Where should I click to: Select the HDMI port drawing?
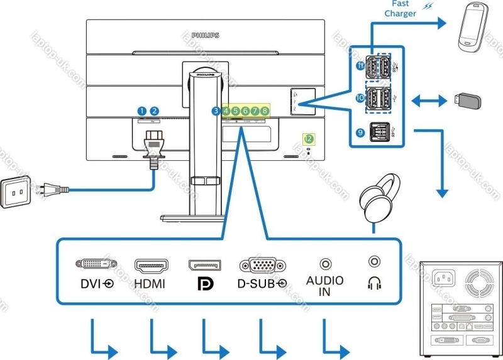tap(150, 264)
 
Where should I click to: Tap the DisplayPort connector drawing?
tap(204, 264)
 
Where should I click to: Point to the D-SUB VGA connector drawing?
tap(260, 264)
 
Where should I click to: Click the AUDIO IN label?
tap(324, 285)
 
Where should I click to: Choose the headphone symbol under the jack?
tap(375, 285)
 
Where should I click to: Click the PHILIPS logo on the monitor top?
tap(205, 36)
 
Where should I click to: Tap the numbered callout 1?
tap(142, 111)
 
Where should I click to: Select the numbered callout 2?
tap(154, 111)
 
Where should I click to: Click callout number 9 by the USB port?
tap(360, 133)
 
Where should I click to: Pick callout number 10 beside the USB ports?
tap(360, 98)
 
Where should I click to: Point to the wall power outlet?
tap(17, 191)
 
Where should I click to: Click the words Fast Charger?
tap(401, 9)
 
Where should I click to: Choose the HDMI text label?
tap(150, 284)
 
